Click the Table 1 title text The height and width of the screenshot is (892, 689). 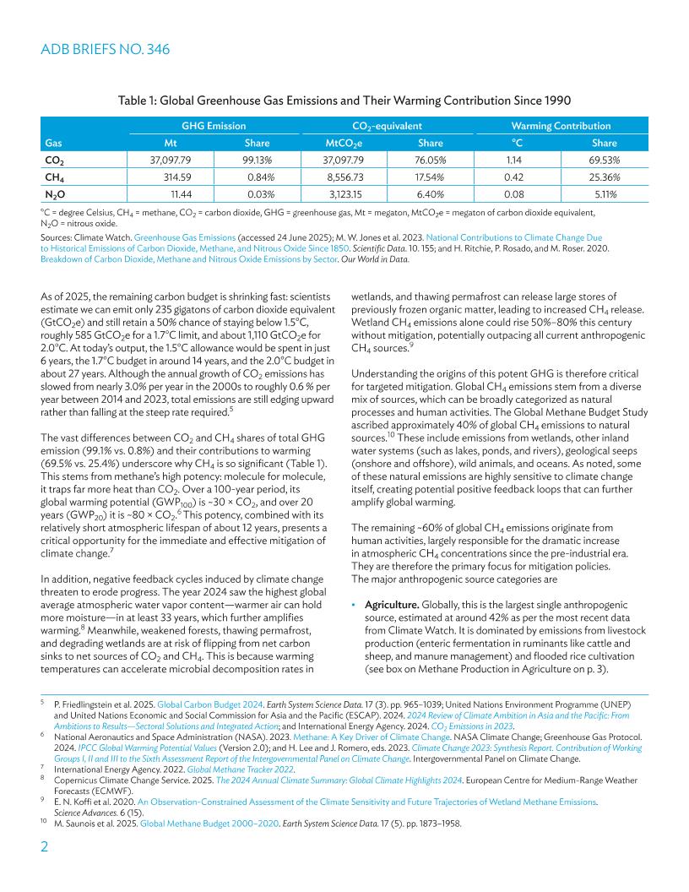pos(344,101)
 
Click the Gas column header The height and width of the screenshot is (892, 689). pos(52,143)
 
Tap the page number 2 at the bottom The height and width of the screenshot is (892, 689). pos(45,851)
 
